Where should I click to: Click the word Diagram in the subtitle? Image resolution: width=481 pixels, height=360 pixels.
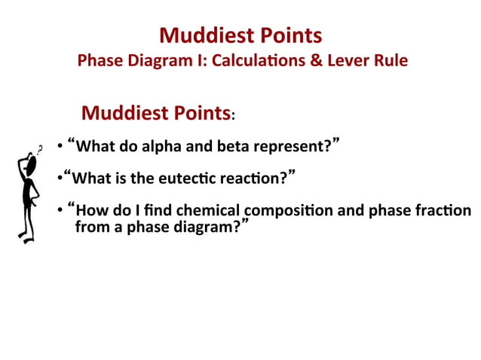click(157, 60)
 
